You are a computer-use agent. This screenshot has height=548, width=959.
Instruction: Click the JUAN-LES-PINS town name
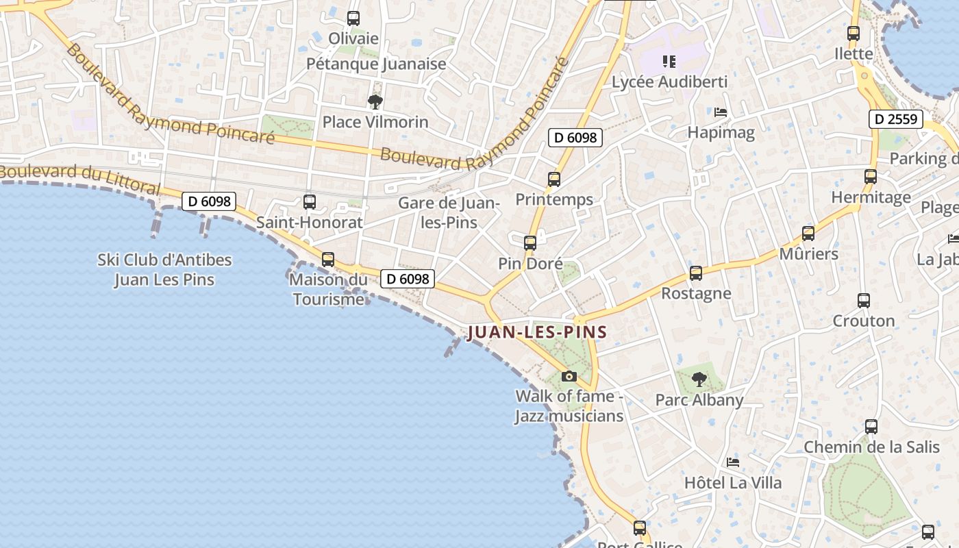(537, 333)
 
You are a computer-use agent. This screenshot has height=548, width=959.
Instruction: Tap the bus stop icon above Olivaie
(353, 18)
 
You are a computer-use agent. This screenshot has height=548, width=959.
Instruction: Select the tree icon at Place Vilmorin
(375, 102)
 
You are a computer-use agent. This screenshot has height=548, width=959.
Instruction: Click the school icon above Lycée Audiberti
(669, 62)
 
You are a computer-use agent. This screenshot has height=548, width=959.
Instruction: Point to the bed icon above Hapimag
(721, 112)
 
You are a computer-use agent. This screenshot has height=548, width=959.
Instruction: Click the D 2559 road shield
(896, 119)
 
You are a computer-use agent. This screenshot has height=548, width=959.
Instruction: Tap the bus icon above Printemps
(554, 179)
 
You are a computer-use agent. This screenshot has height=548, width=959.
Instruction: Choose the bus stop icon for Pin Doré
(530, 242)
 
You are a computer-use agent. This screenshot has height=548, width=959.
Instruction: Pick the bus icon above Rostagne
(696, 273)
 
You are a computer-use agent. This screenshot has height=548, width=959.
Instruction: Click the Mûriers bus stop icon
(808, 234)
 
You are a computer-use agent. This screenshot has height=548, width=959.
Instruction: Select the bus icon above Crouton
(864, 300)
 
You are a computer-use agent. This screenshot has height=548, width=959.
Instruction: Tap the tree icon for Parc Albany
(699, 379)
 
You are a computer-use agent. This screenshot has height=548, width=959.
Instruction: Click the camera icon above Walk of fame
(569, 376)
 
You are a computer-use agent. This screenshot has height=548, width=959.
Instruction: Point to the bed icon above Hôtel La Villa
(733, 462)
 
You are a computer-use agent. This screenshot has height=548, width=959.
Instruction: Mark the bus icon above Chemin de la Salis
(871, 427)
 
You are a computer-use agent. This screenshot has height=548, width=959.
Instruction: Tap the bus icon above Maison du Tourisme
(328, 260)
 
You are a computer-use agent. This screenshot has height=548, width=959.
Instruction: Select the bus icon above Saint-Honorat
(310, 201)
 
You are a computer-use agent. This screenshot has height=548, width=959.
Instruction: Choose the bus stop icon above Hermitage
(871, 177)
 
